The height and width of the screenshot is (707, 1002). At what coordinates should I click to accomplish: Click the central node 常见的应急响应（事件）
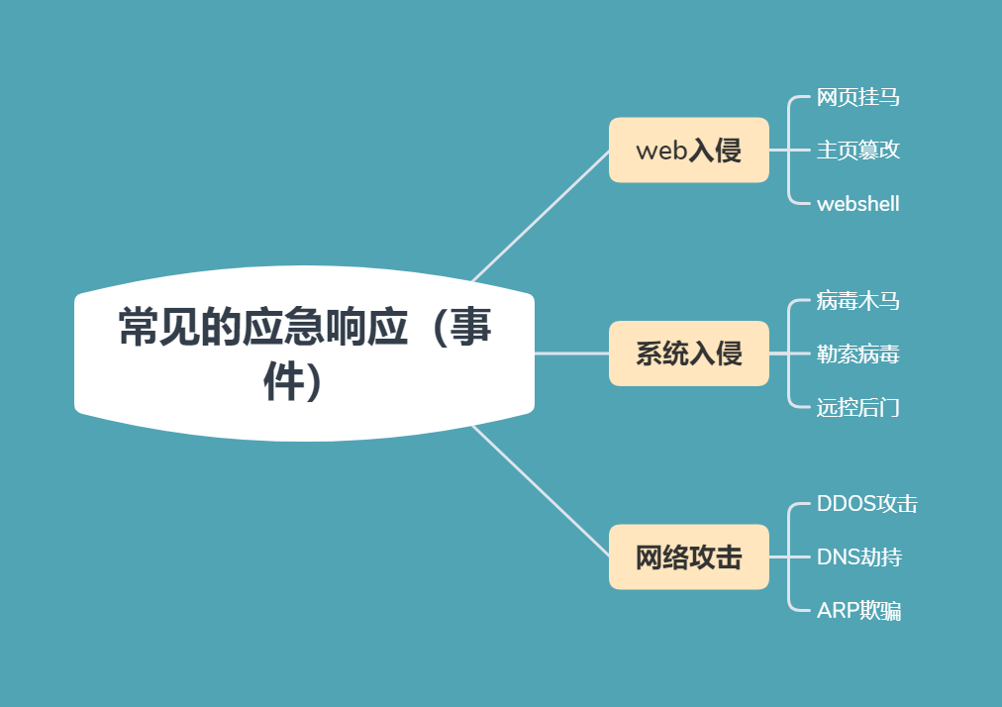click(304, 353)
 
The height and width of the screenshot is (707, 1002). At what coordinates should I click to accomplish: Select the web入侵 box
click(688, 151)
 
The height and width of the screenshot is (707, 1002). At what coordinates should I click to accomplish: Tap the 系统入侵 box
click(688, 353)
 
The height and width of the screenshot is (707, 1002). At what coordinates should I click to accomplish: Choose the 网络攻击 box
click(688, 557)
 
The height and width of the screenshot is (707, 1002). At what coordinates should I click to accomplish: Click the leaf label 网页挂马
click(857, 97)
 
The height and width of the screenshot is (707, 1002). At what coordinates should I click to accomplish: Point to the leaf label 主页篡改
click(857, 151)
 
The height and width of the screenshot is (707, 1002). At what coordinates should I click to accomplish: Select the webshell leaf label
click(857, 204)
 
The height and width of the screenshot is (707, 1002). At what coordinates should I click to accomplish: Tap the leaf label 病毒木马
click(857, 300)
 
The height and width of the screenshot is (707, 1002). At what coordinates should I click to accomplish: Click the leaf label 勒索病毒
click(857, 353)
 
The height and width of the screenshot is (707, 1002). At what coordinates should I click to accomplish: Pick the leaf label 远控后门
click(857, 407)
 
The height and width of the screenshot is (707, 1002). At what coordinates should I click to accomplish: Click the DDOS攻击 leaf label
click(866, 504)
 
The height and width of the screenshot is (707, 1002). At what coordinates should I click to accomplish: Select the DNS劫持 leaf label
click(858, 557)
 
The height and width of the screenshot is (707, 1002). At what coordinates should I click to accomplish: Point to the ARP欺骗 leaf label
click(858, 611)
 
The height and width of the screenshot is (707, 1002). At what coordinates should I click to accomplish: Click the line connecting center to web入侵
click(542, 216)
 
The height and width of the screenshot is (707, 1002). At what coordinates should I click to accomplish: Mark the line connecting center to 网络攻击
click(542, 490)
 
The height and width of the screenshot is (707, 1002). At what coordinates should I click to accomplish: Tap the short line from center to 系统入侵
click(571, 353)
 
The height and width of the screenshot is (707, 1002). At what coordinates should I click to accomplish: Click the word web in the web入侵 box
click(659, 151)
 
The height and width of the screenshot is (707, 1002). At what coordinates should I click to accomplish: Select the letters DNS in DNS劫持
click(838, 557)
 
